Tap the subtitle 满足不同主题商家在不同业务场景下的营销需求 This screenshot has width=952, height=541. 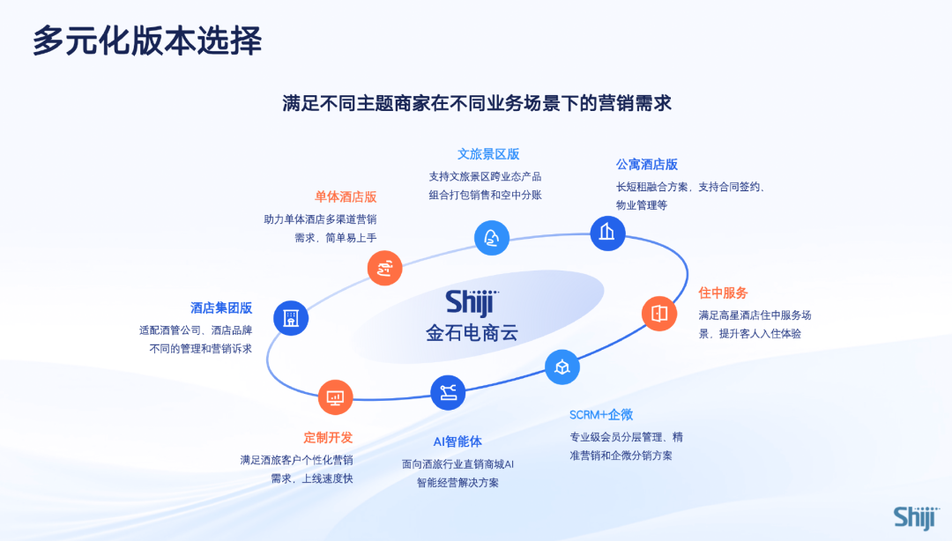pos(477,103)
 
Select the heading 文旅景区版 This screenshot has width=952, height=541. pos(488,154)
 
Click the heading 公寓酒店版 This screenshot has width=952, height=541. pos(646,165)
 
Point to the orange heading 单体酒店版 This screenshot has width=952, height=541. pos(346,196)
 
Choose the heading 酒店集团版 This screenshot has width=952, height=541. pos(221,308)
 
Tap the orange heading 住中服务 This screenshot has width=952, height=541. pos(723,293)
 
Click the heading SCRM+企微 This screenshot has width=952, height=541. pos(601,415)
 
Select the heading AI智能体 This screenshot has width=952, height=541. pos(457,441)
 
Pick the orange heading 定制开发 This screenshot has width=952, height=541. pos(328,437)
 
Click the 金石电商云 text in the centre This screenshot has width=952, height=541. pos(472,334)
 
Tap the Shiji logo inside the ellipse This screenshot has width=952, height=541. pos(472,302)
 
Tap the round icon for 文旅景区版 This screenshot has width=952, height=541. pos(492,238)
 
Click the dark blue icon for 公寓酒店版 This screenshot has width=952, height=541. pos(607,233)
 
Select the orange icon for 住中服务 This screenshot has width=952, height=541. pos(659,313)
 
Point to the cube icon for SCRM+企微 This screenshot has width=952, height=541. pos(562,367)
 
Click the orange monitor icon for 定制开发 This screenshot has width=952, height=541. pos(335,397)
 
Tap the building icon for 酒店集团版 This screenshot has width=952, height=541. pos(291,318)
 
